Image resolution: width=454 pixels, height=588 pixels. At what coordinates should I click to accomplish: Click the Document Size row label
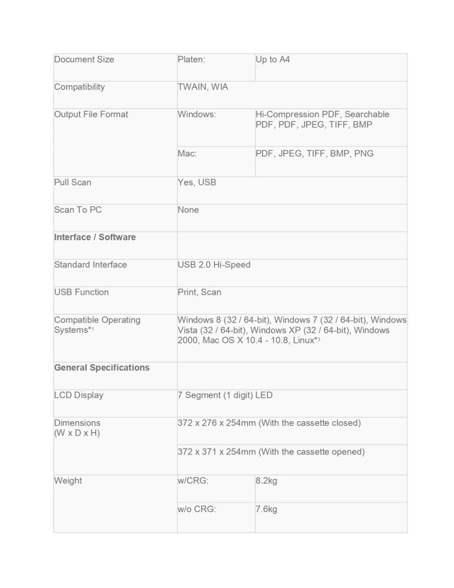pos(84,60)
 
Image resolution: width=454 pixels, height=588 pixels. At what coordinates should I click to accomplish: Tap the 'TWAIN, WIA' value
pos(203,87)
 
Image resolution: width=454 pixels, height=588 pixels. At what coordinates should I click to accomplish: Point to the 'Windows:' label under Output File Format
pos(197,114)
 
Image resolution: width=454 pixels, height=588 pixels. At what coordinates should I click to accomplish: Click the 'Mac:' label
pos(187,154)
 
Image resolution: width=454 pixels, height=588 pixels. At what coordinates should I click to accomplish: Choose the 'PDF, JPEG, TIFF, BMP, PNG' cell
pos(315,154)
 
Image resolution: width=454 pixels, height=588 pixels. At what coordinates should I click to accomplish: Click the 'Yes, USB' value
pos(197,182)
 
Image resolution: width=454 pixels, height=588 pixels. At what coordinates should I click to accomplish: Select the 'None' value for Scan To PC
pos(189,210)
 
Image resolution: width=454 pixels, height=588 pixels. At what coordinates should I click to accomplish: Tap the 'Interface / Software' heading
pos(95,238)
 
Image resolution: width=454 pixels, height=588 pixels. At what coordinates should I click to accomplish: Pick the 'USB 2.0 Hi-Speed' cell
pos(214,265)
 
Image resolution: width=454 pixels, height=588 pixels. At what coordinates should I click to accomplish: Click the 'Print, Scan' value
pos(200,292)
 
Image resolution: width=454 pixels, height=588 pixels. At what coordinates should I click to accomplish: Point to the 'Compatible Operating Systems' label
pos(97,325)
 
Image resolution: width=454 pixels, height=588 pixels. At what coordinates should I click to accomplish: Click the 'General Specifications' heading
pos(102,368)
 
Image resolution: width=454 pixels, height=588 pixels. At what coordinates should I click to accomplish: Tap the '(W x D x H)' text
pos(77,433)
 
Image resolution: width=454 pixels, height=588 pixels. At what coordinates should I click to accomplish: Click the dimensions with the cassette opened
pos(271,452)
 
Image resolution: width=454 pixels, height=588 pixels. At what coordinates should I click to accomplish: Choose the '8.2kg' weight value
pos(267,481)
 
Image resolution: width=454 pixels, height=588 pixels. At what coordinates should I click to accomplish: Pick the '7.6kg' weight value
pos(267,509)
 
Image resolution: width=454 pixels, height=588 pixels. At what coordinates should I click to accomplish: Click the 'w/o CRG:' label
pos(197,509)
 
